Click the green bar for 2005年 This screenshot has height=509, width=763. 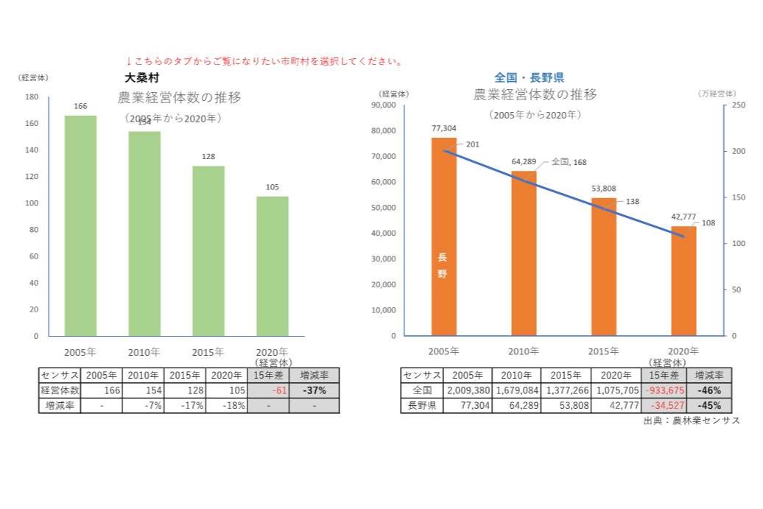(80, 225)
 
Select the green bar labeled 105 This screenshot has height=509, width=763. (272, 266)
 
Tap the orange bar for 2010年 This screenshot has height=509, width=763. (524, 253)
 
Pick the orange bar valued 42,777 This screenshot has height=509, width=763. (683, 281)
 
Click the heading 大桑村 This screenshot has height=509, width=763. (142, 77)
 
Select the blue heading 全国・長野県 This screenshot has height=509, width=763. (529, 77)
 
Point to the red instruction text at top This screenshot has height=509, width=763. (264, 61)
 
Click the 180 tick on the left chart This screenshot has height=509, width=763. (32, 97)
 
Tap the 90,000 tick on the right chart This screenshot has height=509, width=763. (383, 105)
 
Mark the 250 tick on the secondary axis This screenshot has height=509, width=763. (739, 105)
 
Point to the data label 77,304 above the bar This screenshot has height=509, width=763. (444, 128)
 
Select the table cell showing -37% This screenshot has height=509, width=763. (314, 390)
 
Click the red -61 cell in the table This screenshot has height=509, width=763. (267, 390)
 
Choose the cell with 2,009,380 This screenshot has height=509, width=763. (468, 390)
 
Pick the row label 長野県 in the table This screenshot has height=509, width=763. (422, 405)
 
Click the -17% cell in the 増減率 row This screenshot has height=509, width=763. (185, 405)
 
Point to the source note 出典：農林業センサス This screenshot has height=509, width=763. (691, 420)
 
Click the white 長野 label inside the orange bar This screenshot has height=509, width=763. (443, 265)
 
